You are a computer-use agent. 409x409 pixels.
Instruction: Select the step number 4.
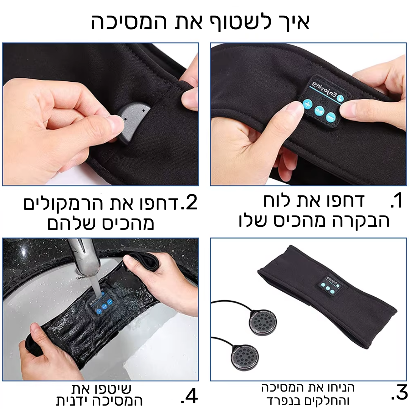[x=189, y=396]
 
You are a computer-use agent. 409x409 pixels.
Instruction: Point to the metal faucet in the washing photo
[x=85, y=261]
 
